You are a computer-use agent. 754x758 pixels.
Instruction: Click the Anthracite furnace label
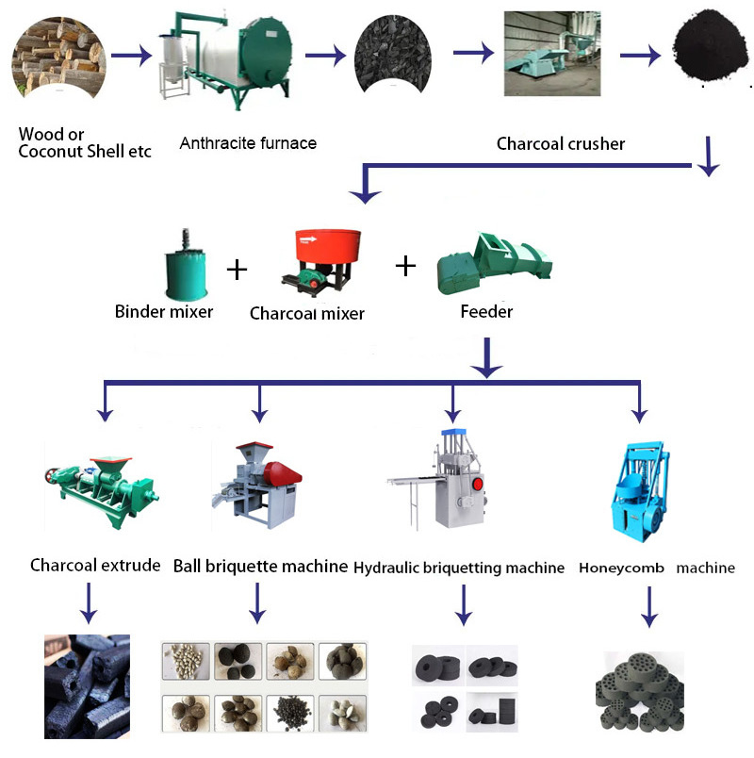point(248,143)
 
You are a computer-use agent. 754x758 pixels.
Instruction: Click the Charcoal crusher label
point(561,144)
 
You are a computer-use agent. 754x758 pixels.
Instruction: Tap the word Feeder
point(485,311)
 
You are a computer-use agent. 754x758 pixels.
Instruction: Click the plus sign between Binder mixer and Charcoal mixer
point(238,271)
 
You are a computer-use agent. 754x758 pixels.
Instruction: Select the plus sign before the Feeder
point(405,265)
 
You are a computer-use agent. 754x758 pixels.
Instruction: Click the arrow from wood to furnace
point(131,56)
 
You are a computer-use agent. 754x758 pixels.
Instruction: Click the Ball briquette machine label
point(261,567)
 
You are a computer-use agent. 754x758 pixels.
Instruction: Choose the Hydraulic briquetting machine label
point(459,568)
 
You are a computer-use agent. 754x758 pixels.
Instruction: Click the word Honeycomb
point(621,568)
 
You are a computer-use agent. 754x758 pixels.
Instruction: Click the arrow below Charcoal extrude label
point(87,603)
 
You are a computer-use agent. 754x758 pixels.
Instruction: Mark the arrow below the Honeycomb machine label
point(649,608)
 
